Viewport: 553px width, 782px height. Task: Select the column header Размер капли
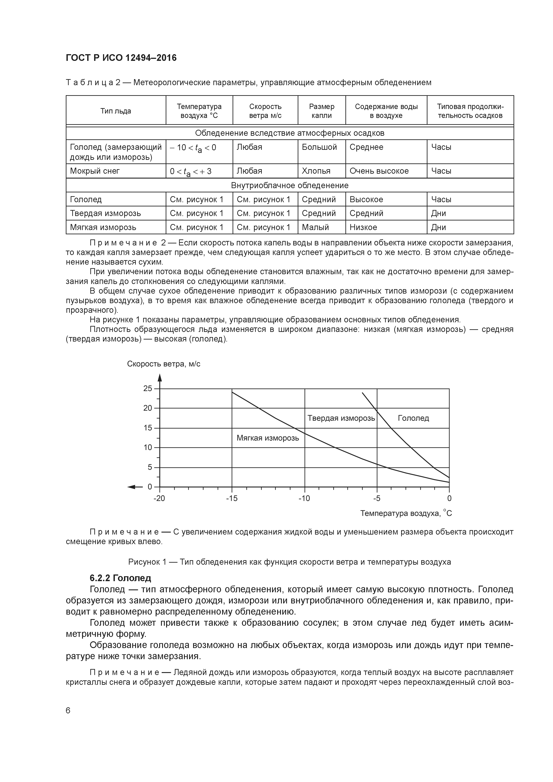[x=321, y=111]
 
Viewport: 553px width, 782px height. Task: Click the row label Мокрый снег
[x=95, y=171]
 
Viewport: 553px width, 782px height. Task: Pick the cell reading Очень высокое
[x=379, y=171]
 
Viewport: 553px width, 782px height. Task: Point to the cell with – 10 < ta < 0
[x=193, y=148]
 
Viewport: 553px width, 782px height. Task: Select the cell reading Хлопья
[x=316, y=171]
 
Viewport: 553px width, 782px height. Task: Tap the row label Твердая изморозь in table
[x=105, y=213]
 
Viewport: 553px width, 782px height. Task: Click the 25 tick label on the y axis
[x=148, y=388]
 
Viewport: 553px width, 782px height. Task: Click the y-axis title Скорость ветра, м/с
[x=163, y=364]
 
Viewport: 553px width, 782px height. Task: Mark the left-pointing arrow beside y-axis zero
[x=135, y=487]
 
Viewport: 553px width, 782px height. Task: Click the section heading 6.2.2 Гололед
[x=120, y=578]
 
